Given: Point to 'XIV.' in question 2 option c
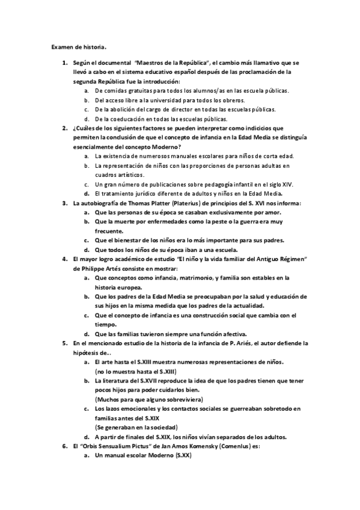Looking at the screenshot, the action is [x=285, y=184].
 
